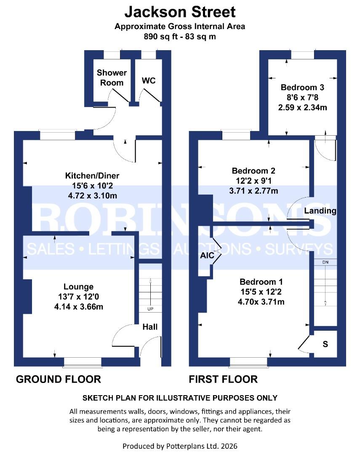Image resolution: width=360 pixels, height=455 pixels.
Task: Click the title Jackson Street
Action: click(180, 11)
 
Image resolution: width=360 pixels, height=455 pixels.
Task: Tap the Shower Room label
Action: click(112, 78)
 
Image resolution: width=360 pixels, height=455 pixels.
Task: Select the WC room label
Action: click(149, 80)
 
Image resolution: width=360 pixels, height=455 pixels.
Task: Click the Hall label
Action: click(150, 327)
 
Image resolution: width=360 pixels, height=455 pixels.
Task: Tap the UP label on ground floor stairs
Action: click(150, 309)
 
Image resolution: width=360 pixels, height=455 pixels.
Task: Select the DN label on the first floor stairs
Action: click(325, 262)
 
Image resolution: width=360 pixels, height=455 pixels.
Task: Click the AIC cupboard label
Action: click(207, 255)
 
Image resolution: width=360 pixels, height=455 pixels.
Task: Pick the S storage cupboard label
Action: click(325, 344)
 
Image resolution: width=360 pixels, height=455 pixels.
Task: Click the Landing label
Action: click(320, 211)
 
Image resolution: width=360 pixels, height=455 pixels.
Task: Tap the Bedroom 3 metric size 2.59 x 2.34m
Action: click(302, 107)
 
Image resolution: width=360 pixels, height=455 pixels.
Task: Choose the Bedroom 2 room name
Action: click(253, 171)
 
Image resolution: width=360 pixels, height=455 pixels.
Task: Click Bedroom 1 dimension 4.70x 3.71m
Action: click(261, 302)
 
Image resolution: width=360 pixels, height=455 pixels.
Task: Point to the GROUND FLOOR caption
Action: click(58, 379)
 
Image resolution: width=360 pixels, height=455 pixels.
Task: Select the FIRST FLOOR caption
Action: click(223, 379)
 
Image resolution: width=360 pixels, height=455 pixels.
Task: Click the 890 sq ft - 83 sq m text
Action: click(180, 36)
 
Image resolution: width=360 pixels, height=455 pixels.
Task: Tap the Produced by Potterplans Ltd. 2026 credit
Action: click(180, 446)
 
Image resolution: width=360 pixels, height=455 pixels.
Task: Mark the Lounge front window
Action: click(83, 361)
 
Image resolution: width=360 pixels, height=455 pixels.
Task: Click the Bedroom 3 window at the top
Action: click(302, 55)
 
